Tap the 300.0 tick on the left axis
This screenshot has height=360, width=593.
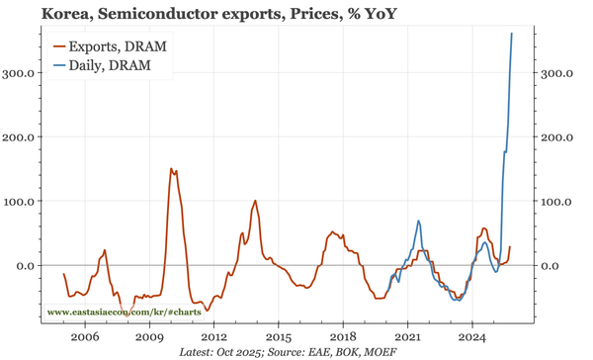23,73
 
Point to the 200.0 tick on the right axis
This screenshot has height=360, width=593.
556,136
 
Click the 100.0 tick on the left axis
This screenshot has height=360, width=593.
23,201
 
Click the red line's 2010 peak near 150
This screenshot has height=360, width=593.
171,169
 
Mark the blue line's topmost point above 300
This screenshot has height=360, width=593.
511,34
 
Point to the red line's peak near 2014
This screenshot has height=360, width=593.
256,201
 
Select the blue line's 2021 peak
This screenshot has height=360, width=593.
419,221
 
